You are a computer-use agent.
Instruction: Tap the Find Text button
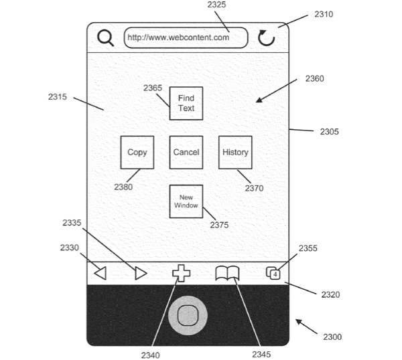(186, 103)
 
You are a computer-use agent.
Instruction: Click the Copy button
(137, 152)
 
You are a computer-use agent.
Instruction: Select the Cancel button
(186, 152)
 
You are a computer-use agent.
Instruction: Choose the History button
(235, 152)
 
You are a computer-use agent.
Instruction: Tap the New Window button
(186, 201)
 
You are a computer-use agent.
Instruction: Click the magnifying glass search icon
(105, 37)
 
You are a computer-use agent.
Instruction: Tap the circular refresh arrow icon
(267, 37)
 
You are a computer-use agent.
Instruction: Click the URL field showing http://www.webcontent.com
(186, 37)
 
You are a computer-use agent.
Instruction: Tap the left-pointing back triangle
(100, 273)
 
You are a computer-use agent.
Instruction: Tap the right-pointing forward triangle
(140, 273)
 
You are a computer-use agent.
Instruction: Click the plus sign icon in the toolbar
(182, 273)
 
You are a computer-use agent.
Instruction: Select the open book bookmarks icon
(227, 273)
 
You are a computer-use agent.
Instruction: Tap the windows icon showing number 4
(273, 273)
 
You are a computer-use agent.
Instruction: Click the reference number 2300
(332, 337)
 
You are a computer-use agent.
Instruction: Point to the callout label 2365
(153, 88)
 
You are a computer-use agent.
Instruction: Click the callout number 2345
(261, 354)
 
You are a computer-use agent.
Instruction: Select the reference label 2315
(57, 97)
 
